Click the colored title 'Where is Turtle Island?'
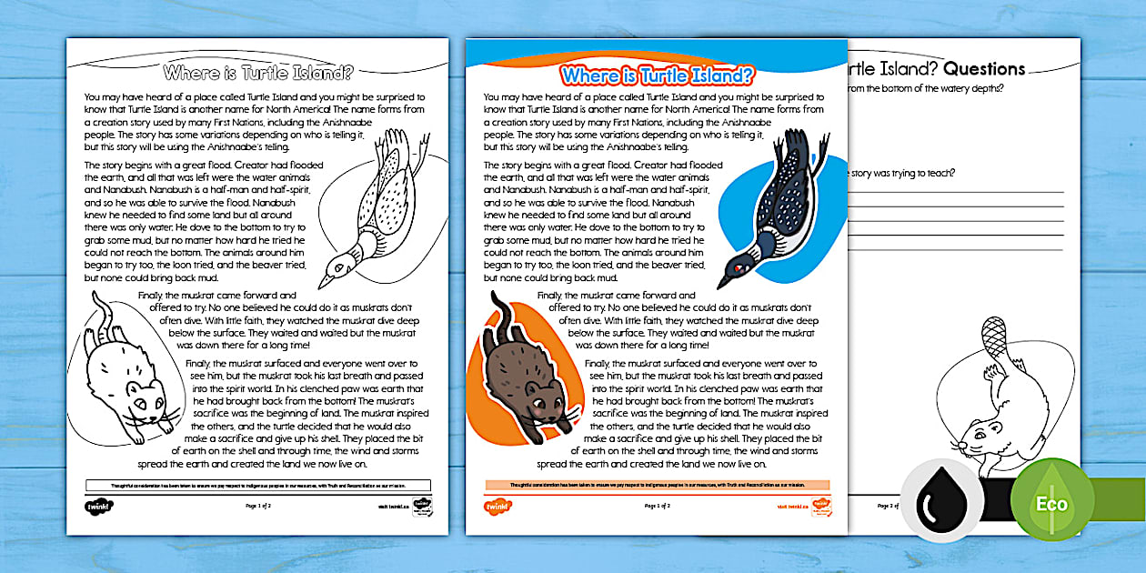657,75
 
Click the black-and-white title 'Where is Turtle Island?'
257,73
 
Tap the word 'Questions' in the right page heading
982,69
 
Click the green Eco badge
1051,503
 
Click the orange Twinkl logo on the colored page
498,506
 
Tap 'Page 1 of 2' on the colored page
657,505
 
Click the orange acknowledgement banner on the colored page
657,485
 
